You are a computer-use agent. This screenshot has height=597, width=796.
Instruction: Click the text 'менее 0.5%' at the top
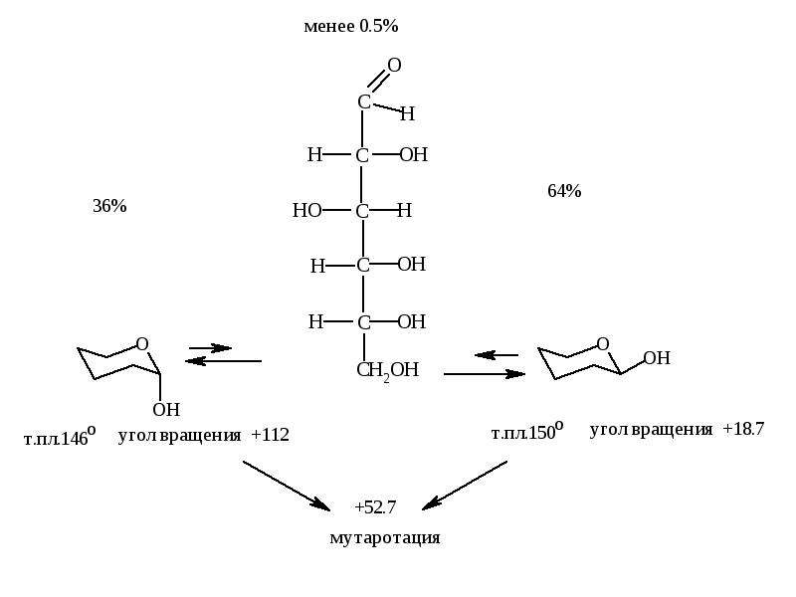351,26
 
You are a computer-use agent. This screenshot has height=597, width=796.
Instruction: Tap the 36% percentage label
109,206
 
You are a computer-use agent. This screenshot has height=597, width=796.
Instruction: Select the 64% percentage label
564,191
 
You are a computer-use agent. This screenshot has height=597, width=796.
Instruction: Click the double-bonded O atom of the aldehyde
394,65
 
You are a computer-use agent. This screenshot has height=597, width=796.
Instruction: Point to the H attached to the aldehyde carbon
407,113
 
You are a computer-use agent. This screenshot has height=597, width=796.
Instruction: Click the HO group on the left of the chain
307,210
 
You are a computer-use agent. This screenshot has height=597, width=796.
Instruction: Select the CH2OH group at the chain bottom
388,370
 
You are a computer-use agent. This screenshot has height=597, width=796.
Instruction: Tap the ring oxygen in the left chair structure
142,344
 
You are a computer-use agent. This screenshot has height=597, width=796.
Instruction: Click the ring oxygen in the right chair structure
603,344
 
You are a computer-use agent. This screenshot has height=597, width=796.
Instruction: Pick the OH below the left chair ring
166,409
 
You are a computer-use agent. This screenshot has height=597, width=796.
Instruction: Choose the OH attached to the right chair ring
657,358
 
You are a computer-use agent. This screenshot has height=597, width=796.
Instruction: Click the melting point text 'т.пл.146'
60,437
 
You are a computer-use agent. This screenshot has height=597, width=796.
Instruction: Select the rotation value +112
270,435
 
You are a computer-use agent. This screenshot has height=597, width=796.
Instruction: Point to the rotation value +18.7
743,429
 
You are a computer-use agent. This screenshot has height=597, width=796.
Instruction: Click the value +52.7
376,507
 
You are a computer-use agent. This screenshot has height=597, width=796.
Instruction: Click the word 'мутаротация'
385,538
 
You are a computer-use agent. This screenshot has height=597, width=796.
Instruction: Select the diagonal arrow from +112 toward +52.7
287,485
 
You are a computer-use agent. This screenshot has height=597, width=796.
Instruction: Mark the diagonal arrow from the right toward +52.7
465,485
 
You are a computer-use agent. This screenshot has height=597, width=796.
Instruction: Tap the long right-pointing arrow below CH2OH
485,374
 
